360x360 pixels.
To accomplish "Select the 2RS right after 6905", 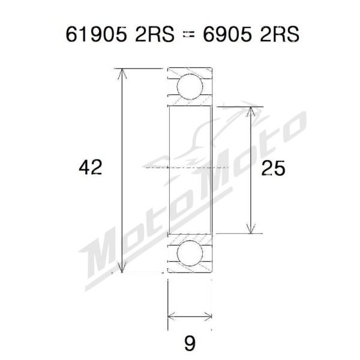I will [x=278, y=34].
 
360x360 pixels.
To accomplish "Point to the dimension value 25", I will [x=273, y=169].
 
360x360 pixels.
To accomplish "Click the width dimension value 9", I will [x=190, y=343].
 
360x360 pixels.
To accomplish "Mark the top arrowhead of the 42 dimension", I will [x=122, y=73].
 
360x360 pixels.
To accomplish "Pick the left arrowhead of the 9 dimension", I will [x=171, y=314].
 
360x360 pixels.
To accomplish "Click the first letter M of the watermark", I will [x=102, y=252].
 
